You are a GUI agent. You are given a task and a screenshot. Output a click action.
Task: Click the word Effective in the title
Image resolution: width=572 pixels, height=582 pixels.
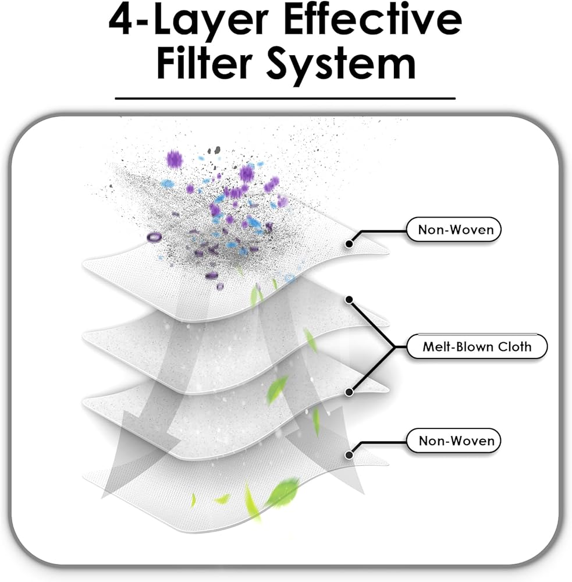[x=373, y=19]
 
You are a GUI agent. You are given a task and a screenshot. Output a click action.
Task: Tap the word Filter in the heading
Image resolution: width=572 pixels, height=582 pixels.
[x=204, y=62]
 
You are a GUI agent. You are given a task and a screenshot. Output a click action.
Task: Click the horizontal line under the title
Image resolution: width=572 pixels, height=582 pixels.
[x=285, y=98]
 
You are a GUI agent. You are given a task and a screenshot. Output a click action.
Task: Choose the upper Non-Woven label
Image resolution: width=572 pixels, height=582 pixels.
[x=454, y=229]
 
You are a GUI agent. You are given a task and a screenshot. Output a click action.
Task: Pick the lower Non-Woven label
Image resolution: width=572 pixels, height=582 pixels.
[x=454, y=441]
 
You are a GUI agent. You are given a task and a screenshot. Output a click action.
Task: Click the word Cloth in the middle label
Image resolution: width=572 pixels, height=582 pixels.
[x=514, y=347]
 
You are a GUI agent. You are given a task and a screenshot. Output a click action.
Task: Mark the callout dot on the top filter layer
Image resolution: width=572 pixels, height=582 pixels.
[x=349, y=244]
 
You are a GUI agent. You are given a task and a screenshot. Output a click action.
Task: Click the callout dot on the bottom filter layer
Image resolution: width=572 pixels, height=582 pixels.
[x=349, y=455]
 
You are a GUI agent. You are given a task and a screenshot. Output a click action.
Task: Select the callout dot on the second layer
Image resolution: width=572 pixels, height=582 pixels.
[x=349, y=300]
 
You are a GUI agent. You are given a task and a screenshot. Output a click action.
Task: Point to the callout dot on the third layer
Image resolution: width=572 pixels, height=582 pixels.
[x=349, y=392]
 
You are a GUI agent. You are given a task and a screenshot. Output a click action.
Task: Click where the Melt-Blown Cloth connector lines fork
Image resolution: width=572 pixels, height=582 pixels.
[x=394, y=347]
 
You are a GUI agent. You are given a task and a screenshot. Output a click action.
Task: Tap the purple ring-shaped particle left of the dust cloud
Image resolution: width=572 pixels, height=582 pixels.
[x=154, y=237]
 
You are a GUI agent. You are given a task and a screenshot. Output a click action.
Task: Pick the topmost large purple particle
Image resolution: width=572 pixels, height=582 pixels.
[x=175, y=159]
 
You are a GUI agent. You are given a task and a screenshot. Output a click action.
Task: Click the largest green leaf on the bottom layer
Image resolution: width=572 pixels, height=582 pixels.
[x=284, y=492]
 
